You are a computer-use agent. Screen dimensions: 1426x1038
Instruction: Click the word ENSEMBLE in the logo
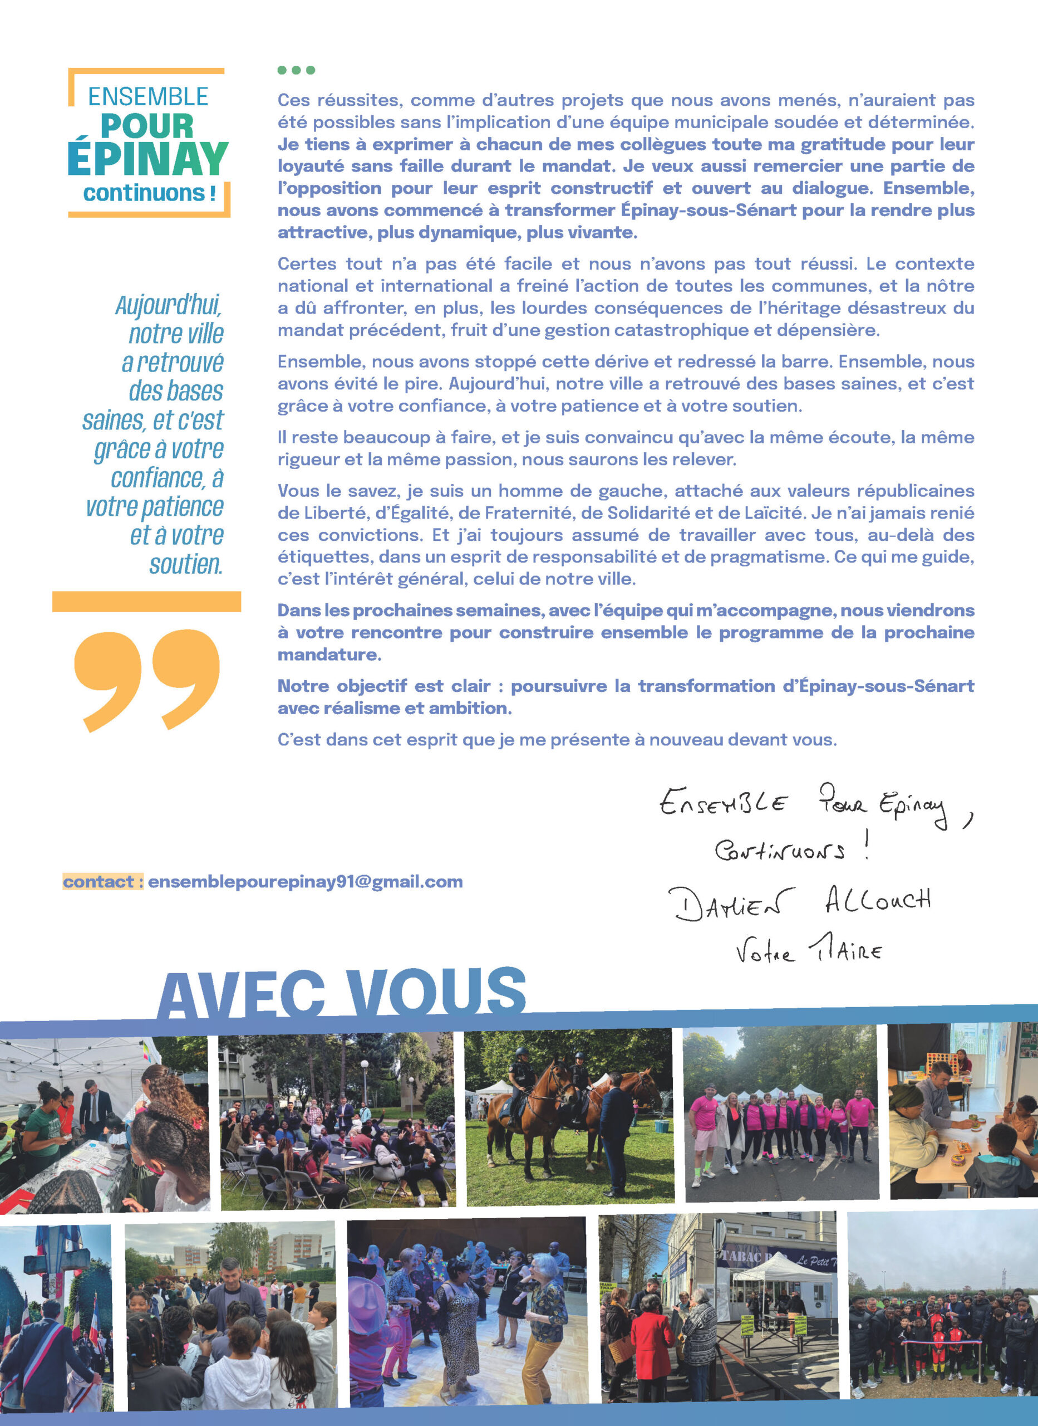pyautogui.click(x=147, y=97)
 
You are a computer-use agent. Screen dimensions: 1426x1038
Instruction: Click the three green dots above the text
pyautogui.click(x=296, y=70)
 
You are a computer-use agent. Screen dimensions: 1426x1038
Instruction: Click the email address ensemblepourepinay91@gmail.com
pyautogui.click(x=306, y=882)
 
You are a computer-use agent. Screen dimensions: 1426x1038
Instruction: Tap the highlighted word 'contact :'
pyautogui.click(x=102, y=882)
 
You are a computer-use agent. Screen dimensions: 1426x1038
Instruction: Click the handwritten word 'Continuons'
pyautogui.click(x=779, y=851)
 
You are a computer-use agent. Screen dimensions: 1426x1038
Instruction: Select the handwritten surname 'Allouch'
pyautogui.click(x=878, y=900)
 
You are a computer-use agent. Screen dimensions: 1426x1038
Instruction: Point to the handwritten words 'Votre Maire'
pyautogui.click(x=809, y=951)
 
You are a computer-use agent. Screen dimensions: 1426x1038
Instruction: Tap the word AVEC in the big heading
pyautogui.click(x=242, y=995)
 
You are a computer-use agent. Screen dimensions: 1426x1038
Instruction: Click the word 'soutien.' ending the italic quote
pyautogui.click(x=186, y=564)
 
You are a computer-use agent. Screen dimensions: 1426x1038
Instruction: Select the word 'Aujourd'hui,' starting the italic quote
pyautogui.click(x=169, y=306)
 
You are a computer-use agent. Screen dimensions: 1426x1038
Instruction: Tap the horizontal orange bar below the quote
pyautogui.click(x=146, y=601)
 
